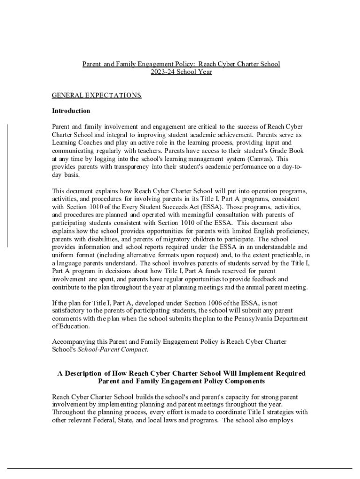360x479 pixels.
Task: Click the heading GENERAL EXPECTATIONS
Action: point(96,95)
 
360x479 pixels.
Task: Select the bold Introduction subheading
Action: point(71,111)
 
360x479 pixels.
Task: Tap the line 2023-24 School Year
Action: point(181,72)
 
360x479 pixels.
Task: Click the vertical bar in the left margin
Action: point(7,186)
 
